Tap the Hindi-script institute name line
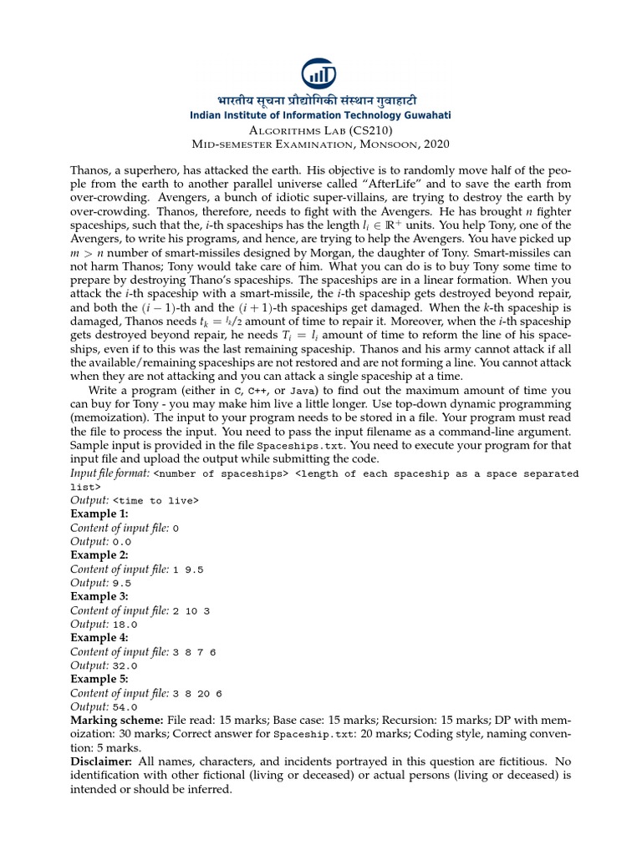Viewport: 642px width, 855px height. [x=321, y=99]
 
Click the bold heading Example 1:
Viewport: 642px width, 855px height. [x=99, y=514]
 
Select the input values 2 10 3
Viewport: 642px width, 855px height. [x=191, y=610]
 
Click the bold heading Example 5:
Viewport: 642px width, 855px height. [x=99, y=679]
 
